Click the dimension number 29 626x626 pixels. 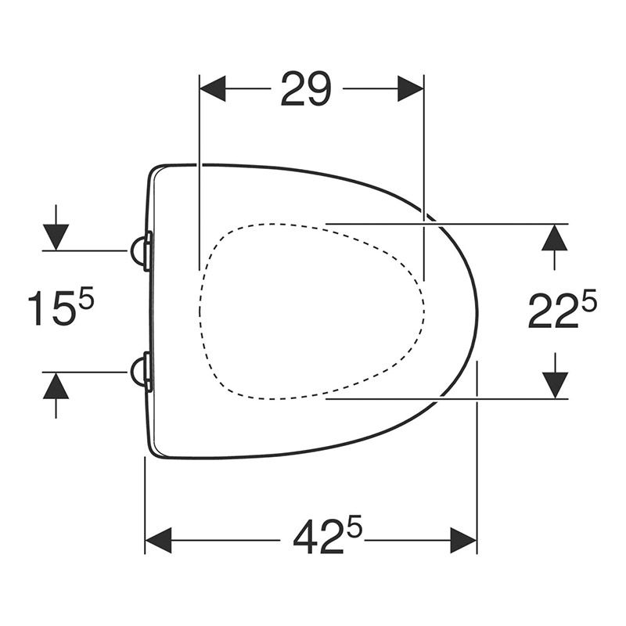tap(306, 88)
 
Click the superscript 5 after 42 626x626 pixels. tap(354, 528)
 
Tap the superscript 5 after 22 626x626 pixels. tap(588, 300)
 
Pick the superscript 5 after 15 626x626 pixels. tap(85, 297)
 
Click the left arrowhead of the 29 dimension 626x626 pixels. tap(213, 88)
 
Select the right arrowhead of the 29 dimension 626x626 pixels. tap(411, 88)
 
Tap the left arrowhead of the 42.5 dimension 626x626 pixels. tap(158, 540)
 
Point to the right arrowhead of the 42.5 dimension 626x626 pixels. tap(464, 540)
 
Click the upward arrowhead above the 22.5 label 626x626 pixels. tap(554, 236)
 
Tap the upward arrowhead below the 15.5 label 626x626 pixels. tap(56, 385)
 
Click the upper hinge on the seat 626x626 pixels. tap(141, 251)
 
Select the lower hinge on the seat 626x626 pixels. tap(141, 370)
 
